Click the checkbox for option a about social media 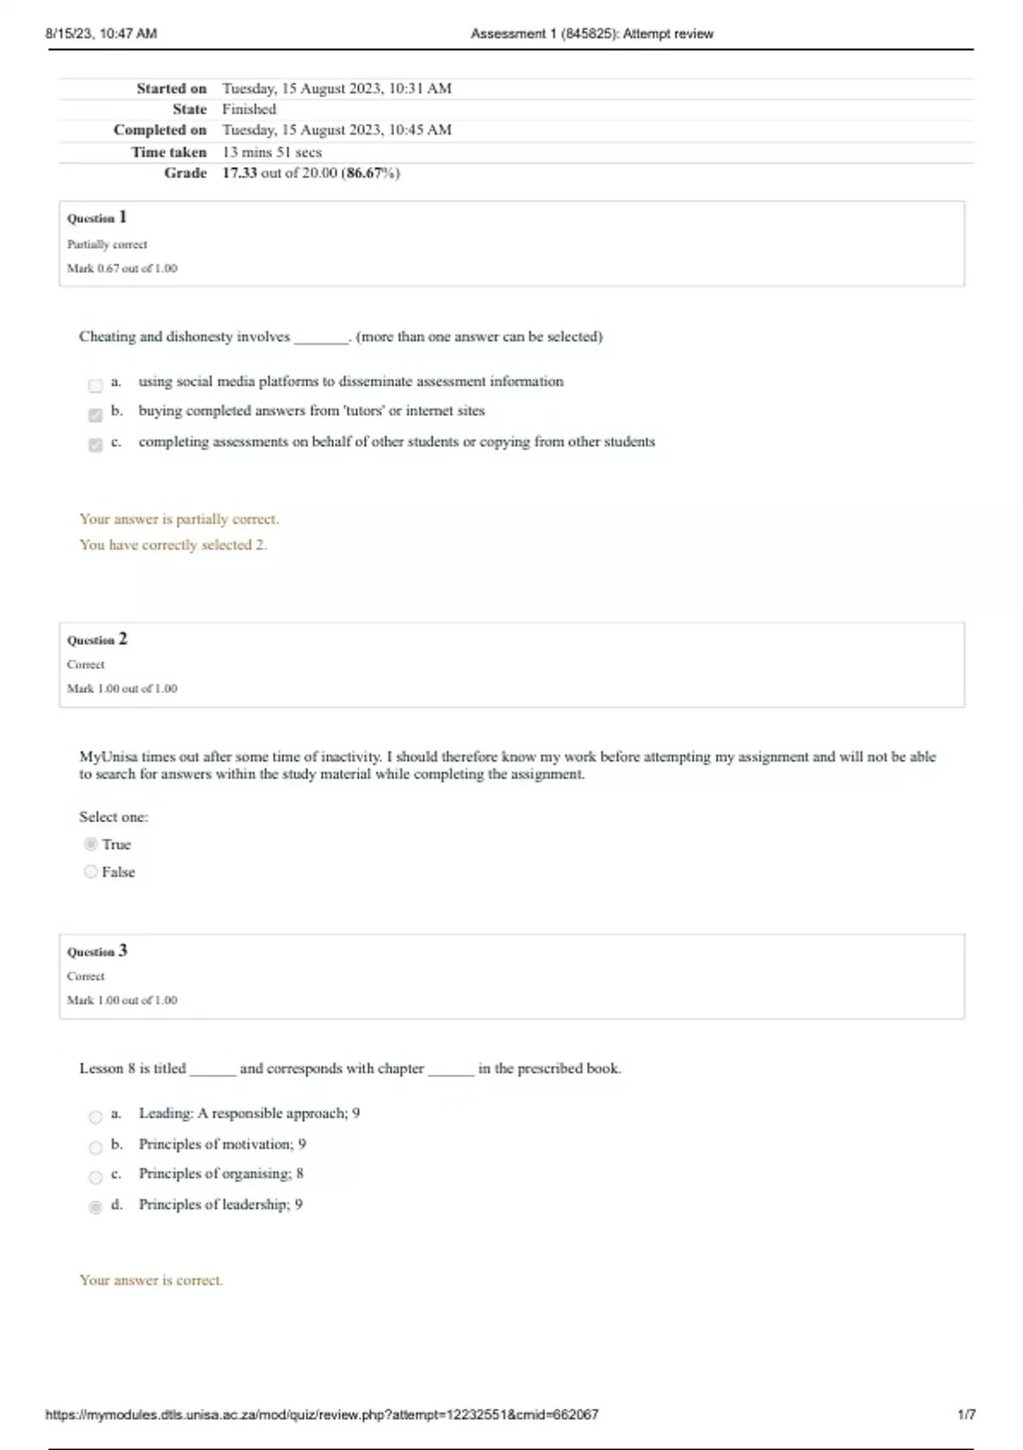pos(95,386)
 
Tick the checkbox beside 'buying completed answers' pos(95,415)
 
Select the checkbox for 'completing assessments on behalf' pos(95,445)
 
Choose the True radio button pos(90,844)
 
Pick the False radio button pos(90,872)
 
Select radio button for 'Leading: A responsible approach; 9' pos(95,1116)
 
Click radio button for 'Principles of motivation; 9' pos(95,1147)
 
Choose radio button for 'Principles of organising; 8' pos(95,1177)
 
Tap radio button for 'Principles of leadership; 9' pos(95,1207)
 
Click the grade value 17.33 pos(240,173)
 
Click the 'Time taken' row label pos(169,152)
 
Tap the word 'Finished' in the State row pos(249,109)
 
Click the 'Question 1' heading pos(97,217)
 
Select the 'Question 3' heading pos(97,951)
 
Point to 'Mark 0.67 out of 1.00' pos(123,268)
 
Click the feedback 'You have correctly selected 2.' pos(173,545)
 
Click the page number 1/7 pos(967,1414)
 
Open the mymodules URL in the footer pos(322,1414)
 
